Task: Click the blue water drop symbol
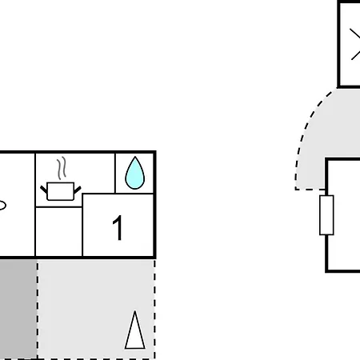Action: click(135, 174)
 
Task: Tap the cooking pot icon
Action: click(61, 191)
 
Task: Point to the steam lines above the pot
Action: click(62, 168)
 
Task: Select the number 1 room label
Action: click(118, 227)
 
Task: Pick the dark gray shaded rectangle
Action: click(18, 309)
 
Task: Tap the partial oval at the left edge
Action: click(2, 206)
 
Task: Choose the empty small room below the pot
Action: click(58, 231)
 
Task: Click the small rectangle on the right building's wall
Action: click(326, 215)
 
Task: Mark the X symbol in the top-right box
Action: click(355, 44)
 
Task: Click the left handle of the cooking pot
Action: click(43, 190)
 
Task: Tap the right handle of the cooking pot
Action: click(78, 190)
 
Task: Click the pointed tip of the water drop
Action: click(135, 157)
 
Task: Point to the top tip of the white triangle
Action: click(135, 311)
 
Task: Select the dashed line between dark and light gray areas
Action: click(38, 309)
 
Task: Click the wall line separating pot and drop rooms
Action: click(115, 173)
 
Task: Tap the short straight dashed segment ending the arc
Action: click(310, 190)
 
